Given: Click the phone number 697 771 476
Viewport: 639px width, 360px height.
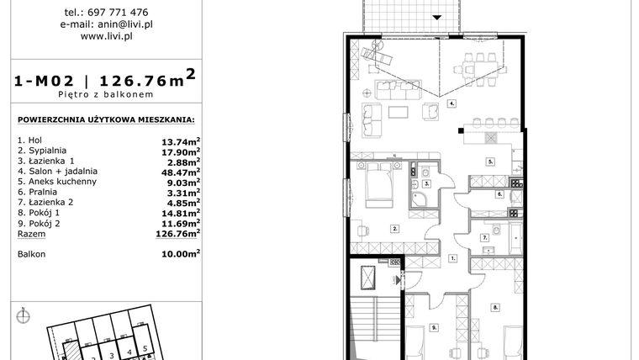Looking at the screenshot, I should coord(118,13).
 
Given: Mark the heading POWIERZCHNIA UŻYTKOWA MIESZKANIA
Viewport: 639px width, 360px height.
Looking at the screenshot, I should coord(105,119).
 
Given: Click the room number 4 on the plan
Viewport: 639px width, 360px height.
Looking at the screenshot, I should coord(452,103).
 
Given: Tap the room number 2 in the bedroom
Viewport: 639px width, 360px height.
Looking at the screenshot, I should coord(394,228).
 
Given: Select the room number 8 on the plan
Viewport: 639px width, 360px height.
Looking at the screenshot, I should coord(496,307).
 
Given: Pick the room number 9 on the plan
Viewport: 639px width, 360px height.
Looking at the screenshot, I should coord(435,326).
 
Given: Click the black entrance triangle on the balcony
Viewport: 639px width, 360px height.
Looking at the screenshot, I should coord(437,17).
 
